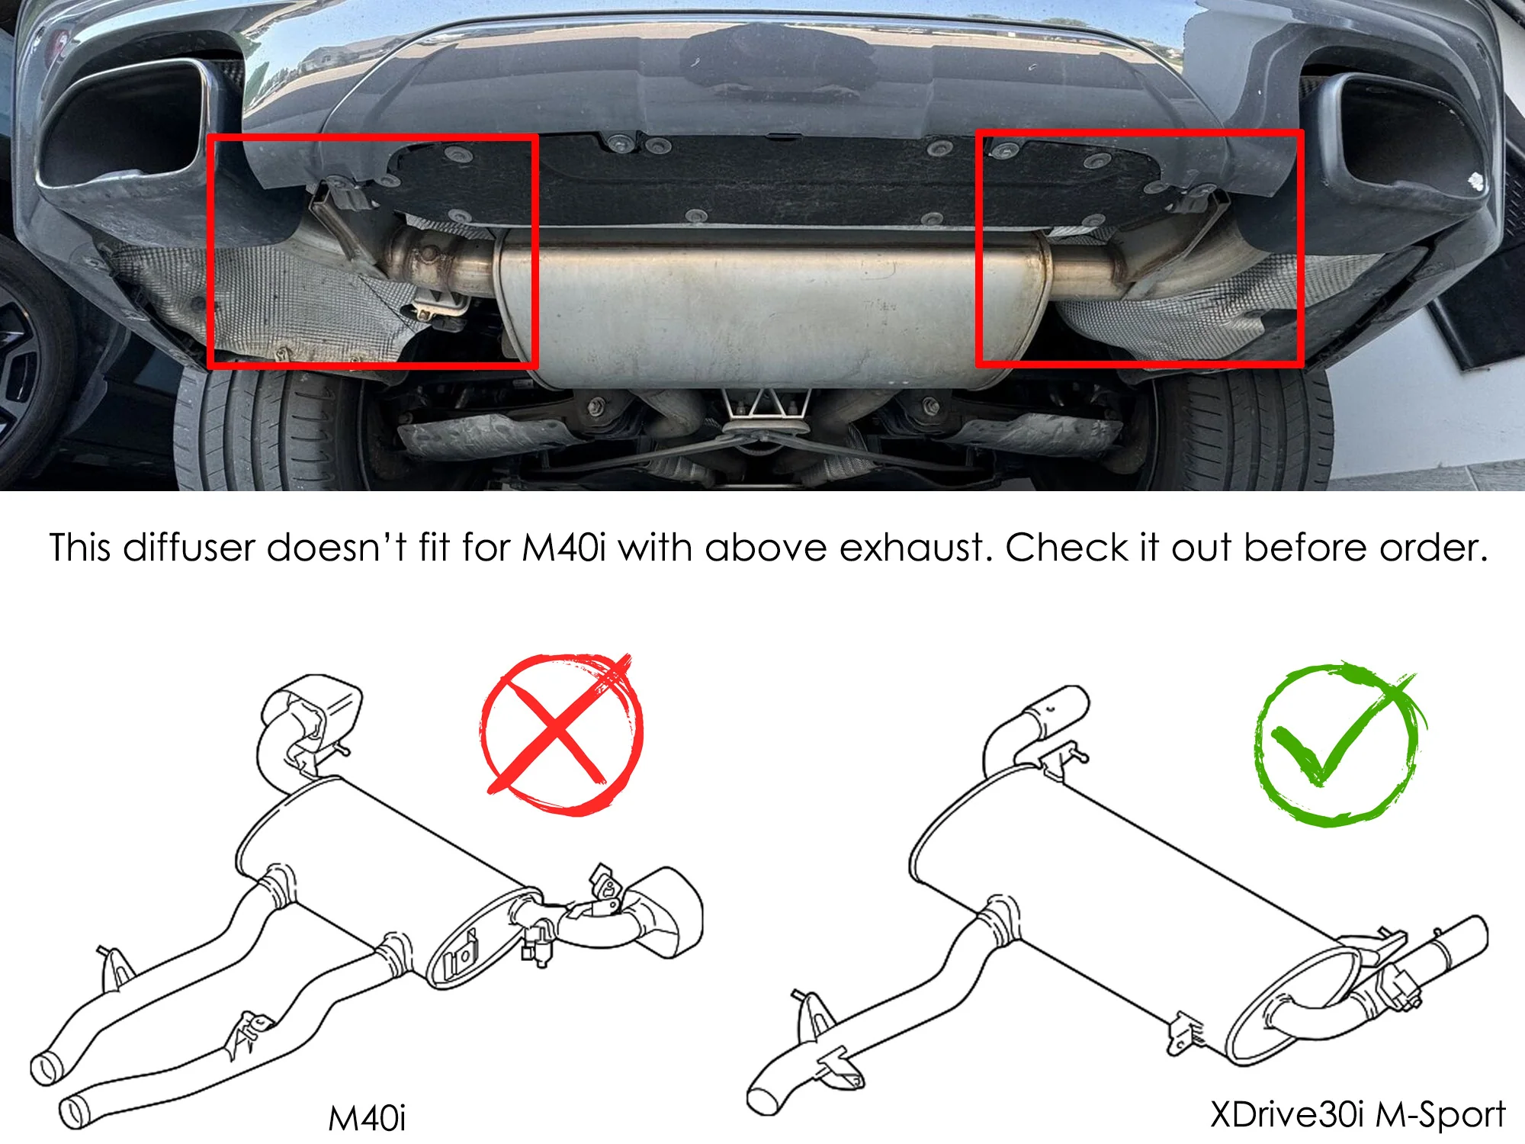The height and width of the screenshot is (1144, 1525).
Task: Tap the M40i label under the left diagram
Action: [x=367, y=1118]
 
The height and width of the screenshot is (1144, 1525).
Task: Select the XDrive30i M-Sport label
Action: [x=1357, y=1115]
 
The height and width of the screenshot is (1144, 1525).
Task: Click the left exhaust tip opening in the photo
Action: [x=122, y=122]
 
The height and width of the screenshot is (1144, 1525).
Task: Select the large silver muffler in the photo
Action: [x=770, y=305]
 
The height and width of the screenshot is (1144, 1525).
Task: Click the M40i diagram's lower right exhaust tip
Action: [x=663, y=911]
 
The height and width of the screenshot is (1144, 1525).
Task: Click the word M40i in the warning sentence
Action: [x=563, y=548]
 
